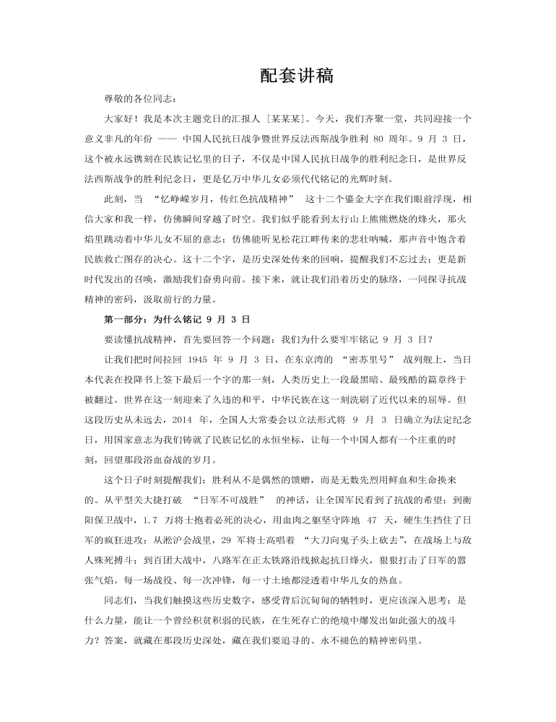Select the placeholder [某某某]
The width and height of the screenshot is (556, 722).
point(289,118)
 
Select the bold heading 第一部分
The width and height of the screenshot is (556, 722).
point(123,318)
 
